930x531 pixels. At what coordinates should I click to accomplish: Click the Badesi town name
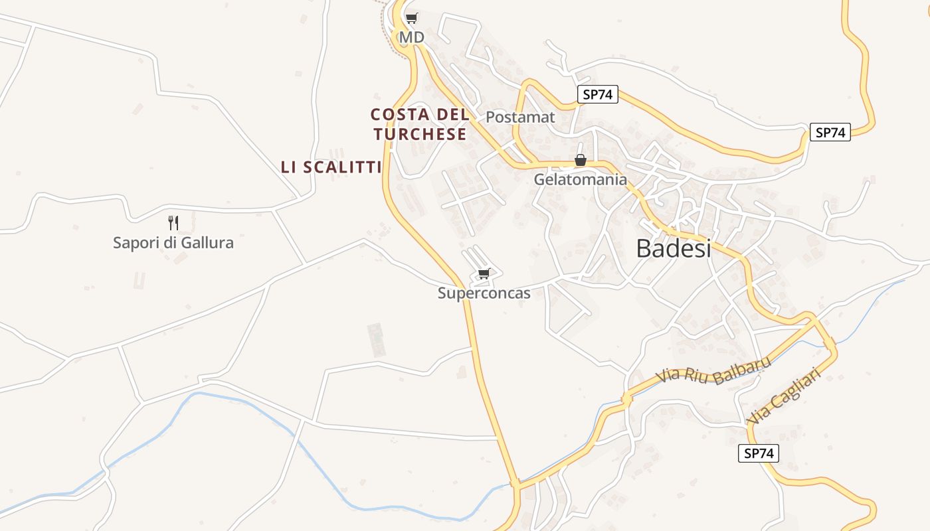tap(673, 248)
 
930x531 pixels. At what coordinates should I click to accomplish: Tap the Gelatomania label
tap(580, 179)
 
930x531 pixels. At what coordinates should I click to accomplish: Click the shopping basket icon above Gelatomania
tap(581, 160)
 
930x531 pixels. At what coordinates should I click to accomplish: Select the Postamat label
tap(520, 117)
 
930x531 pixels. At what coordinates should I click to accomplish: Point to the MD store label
tap(411, 37)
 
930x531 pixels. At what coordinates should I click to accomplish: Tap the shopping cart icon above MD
tap(412, 18)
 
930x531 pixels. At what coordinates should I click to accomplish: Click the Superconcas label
tap(484, 293)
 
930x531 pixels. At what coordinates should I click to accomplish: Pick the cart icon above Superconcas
tap(484, 273)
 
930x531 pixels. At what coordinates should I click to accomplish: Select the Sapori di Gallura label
tap(173, 242)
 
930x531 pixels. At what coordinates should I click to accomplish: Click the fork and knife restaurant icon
tap(173, 222)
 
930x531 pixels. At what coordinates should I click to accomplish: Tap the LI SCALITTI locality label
tap(331, 167)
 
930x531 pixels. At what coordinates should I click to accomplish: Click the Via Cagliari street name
tap(784, 397)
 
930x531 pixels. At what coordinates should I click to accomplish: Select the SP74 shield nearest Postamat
tap(597, 94)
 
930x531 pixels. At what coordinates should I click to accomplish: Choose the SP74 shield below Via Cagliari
tap(758, 453)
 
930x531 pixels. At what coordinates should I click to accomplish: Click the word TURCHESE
tap(420, 134)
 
